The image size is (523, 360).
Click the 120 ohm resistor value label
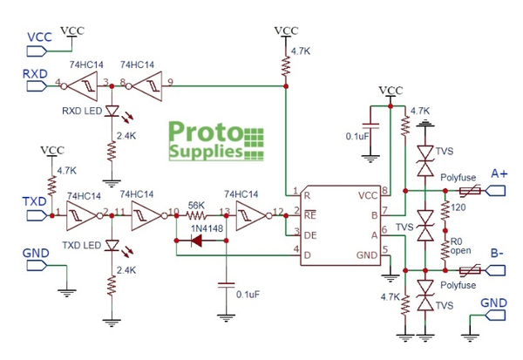click(459, 208)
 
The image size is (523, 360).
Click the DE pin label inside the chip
click(309, 235)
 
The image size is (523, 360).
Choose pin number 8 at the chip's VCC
click(384, 192)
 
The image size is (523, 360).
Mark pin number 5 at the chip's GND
click(384, 251)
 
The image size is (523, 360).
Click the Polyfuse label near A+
click(458, 176)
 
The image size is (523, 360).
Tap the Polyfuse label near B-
click(458, 285)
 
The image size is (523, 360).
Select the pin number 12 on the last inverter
click(277, 211)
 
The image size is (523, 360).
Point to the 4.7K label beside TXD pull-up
click(66, 172)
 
